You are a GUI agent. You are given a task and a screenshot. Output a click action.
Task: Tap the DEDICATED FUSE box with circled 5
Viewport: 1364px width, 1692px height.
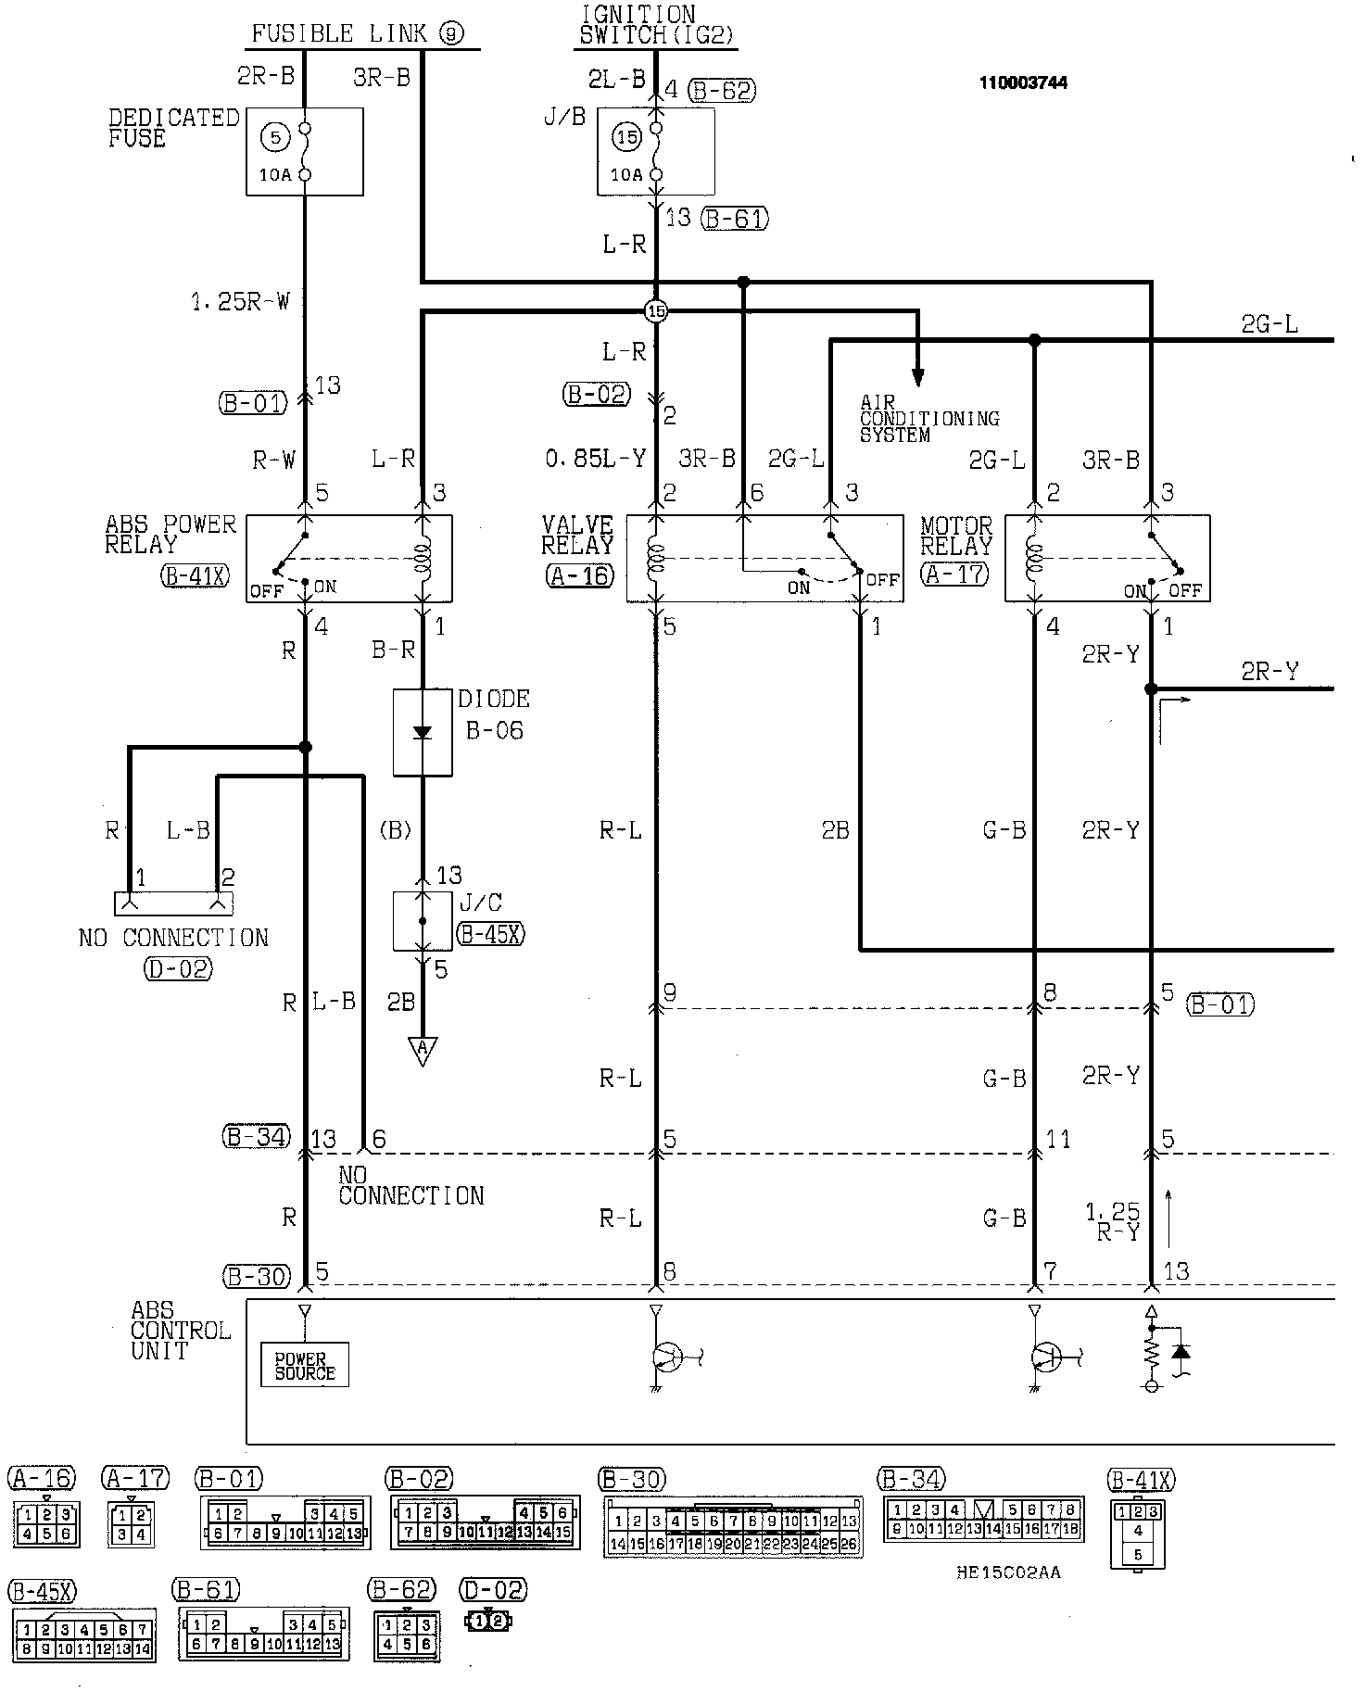(304, 152)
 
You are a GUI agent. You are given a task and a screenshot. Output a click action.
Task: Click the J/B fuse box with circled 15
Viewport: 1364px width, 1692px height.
(655, 152)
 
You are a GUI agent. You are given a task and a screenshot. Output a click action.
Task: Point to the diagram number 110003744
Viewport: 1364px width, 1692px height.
(1023, 82)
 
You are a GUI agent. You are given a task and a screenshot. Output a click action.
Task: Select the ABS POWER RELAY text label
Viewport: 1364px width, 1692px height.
(170, 535)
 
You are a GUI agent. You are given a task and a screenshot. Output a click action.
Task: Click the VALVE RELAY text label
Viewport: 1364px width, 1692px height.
(577, 536)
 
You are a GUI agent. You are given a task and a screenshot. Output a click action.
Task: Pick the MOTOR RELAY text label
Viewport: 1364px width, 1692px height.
(956, 536)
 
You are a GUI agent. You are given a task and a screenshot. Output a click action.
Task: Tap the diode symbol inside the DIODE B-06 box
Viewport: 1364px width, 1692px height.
(423, 732)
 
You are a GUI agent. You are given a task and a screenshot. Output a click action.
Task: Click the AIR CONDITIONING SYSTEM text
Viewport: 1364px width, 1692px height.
(928, 419)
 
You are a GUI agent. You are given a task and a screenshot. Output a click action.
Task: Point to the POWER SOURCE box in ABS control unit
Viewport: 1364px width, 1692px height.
(305, 1366)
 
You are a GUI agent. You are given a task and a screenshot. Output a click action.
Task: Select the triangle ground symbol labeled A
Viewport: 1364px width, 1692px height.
(423, 1049)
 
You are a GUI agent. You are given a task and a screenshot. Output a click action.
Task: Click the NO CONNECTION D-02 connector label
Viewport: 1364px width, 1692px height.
(173, 938)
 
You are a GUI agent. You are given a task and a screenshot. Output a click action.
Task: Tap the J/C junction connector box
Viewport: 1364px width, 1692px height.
(423, 921)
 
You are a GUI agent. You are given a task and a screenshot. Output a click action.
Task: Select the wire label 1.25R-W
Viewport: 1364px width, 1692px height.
(240, 301)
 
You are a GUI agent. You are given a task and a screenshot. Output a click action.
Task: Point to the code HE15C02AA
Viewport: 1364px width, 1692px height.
(1009, 1572)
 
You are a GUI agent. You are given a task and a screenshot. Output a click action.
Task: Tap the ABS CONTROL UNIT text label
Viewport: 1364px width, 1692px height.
(180, 1331)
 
